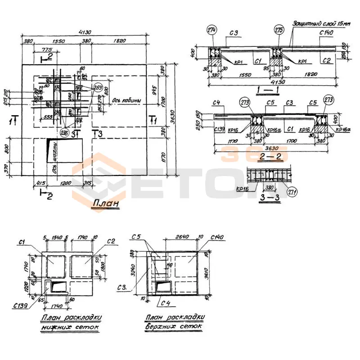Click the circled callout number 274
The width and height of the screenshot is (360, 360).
point(212,30)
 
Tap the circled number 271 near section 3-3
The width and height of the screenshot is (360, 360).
point(295,191)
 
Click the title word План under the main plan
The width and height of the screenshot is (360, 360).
point(106,203)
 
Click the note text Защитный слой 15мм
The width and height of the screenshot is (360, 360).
point(320,22)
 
